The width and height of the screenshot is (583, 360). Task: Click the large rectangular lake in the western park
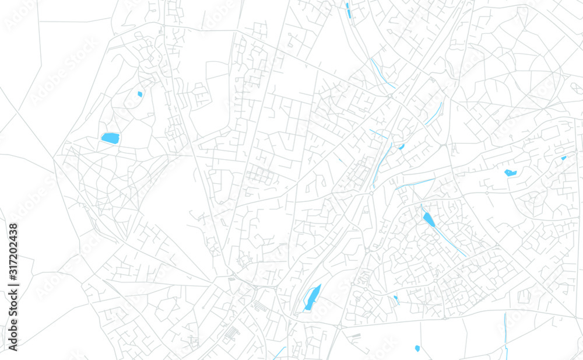click(110, 138)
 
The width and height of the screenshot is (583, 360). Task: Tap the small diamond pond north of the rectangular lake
click(139, 93)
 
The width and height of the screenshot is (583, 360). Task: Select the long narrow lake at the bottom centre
click(312, 298)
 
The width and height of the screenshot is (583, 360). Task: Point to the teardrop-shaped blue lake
click(429, 219)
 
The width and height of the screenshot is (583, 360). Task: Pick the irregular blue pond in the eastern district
click(510, 173)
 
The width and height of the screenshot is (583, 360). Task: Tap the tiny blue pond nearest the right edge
click(563, 158)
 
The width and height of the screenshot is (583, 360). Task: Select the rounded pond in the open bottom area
click(417, 348)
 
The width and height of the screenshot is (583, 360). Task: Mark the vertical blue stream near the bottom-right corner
click(505, 335)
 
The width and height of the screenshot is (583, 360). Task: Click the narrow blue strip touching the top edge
click(347, 8)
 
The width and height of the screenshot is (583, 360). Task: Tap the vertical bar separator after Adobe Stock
click(13, 293)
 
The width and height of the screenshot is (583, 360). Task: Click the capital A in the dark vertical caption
click(13, 348)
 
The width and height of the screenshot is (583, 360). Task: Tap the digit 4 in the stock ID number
click(13, 242)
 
